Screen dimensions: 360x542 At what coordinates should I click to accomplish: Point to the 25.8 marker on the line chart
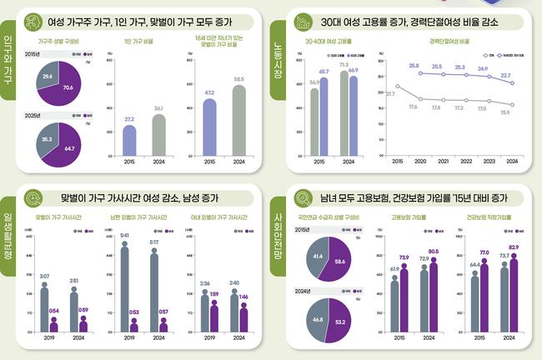(x=414, y=73)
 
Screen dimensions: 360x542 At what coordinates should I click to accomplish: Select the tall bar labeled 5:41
(x=124, y=282)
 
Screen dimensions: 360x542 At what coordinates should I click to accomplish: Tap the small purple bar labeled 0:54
(x=54, y=324)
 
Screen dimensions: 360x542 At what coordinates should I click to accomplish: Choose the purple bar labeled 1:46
(x=243, y=318)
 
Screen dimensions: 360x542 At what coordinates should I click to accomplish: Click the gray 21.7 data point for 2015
(x=398, y=86)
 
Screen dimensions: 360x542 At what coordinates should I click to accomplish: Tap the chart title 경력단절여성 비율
(x=449, y=40)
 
